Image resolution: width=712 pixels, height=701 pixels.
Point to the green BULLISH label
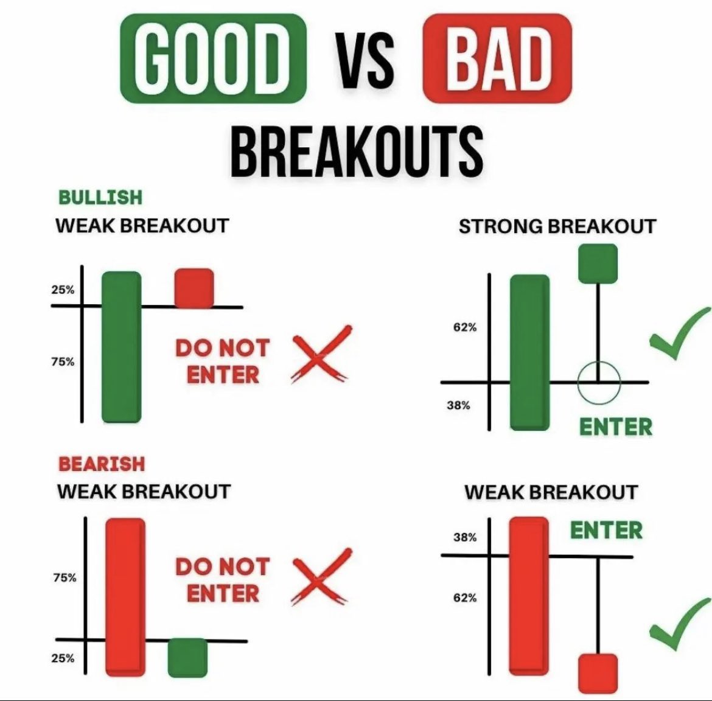(100, 197)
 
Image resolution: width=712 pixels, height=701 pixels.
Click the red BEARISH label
(102, 464)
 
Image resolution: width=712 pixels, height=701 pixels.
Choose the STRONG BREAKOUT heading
(557, 226)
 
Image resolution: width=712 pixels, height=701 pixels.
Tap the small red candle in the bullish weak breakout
(194, 288)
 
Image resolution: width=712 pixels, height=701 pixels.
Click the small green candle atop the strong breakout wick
(597, 263)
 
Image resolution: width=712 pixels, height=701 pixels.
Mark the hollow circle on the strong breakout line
(599, 383)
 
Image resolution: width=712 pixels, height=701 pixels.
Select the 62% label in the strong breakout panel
(465, 327)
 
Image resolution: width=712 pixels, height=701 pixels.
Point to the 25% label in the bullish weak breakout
(63, 290)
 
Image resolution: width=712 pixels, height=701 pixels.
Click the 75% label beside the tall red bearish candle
(65, 577)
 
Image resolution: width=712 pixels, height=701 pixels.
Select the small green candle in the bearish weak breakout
(187, 657)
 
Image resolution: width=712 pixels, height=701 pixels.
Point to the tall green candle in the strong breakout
(529, 352)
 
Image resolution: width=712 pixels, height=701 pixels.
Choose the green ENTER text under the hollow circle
(615, 427)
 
